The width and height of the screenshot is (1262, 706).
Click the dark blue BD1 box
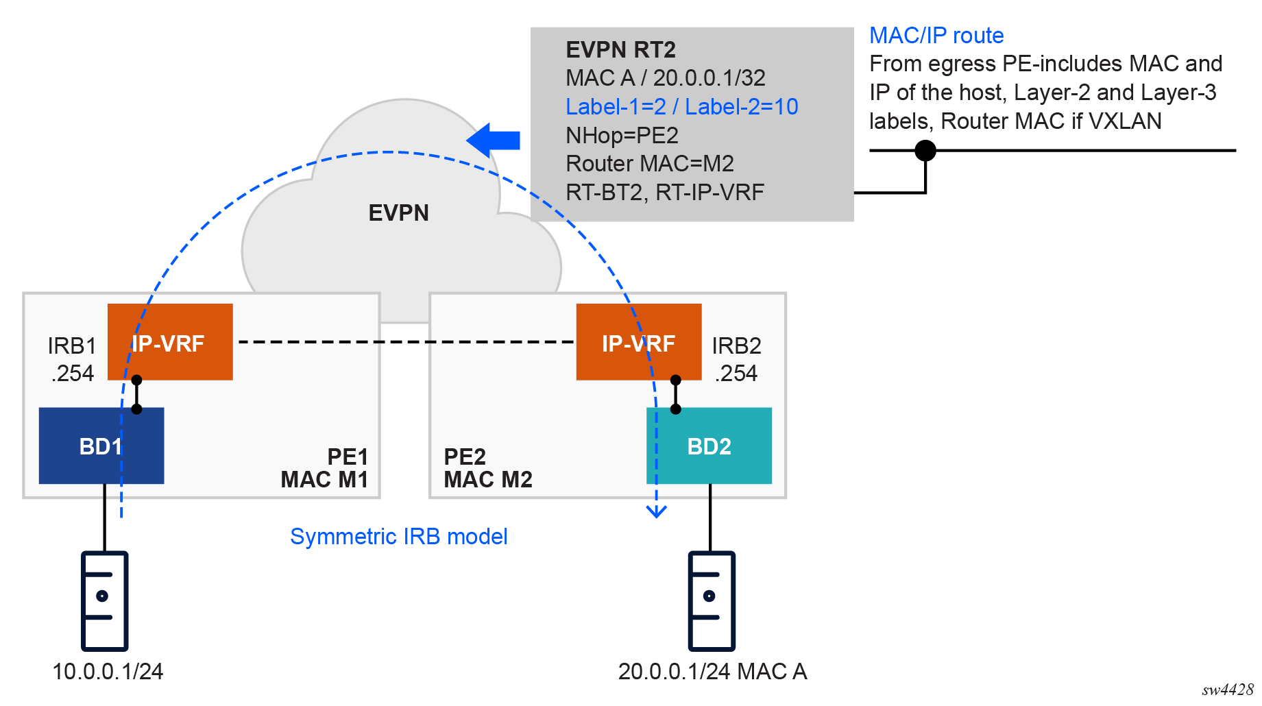click(x=101, y=446)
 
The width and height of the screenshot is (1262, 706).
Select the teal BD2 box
click(x=709, y=446)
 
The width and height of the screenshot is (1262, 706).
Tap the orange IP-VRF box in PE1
click(x=170, y=342)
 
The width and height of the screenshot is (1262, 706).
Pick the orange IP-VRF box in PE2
click(x=638, y=342)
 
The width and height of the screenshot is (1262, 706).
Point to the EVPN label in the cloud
click(x=398, y=213)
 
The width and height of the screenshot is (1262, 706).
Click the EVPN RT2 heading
click(x=620, y=50)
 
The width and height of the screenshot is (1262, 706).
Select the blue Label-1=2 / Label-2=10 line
click(x=681, y=107)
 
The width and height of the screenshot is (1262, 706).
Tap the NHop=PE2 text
click(x=622, y=136)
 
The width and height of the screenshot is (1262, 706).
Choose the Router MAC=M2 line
click(x=649, y=164)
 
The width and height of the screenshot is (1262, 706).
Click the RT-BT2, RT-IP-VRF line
click(x=664, y=193)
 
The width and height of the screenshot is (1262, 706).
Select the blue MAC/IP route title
click(x=936, y=36)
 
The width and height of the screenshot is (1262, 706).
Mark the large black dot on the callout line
click(x=925, y=150)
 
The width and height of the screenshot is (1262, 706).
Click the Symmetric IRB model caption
click(x=398, y=536)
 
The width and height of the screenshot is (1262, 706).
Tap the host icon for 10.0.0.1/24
click(x=104, y=600)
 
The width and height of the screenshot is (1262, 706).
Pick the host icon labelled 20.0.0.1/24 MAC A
click(x=712, y=600)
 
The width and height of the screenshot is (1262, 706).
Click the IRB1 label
click(x=71, y=345)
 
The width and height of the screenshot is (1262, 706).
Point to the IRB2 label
click(x=736, y=345)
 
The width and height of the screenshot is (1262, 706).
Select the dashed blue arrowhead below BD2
click(x=657, y=511)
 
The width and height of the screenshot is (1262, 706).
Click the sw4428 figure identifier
click(x=1227, y=690)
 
